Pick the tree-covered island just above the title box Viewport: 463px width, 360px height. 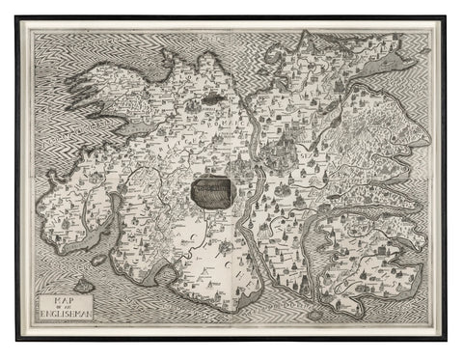(83, 285)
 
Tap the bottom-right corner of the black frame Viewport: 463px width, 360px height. (446, 341)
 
